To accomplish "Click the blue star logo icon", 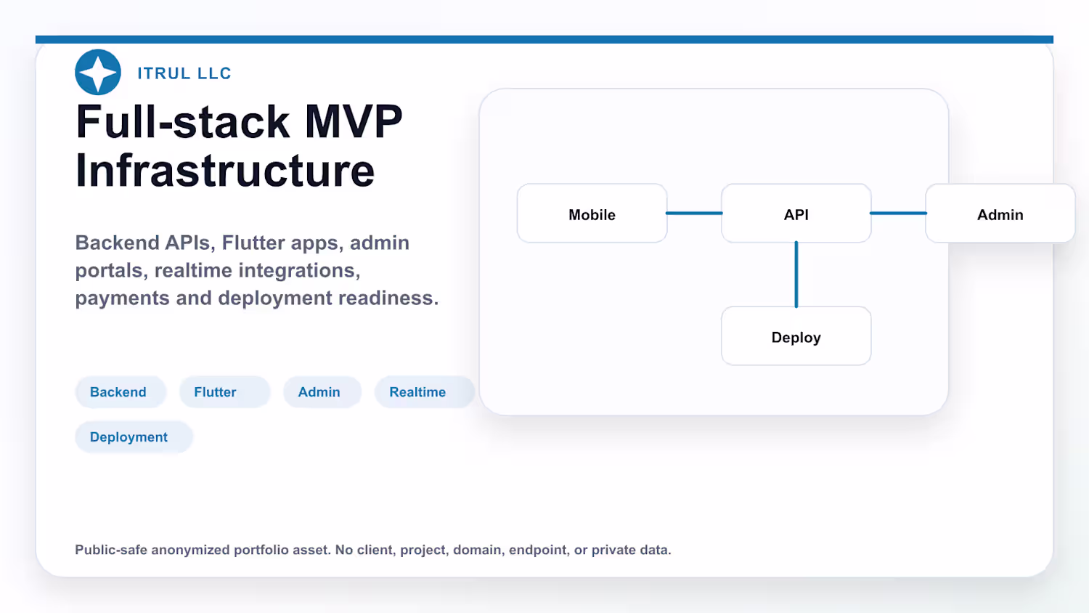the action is pyautogui.click(x=98, y=72).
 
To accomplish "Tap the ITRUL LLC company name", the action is pyautogui.click(x=184, y=73).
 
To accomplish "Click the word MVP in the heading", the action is pyautogui.click(x=354, y=121).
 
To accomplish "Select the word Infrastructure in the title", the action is pyautogui.click(x=225, y=171).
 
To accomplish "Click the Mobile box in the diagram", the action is pyautogui.click(x=592, y=213).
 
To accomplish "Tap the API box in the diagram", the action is pyautogui.click(x=796, y=213).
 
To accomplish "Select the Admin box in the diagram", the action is pyautogui.click(x=1000, y=213).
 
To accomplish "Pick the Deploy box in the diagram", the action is pyautogui.click(x=796, y=336).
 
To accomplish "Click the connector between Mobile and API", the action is pyautogui.click(x=694, y=213).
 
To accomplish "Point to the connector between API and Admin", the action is pyautogui.click(x=899, y=213).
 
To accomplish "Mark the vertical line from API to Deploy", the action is pyautogui.click(x=796, y=275).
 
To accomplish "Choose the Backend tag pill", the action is pyautogui.click(x=121, y=392).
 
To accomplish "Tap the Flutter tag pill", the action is pyautogui.click(x=224, y=392).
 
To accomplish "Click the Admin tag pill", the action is pyautogui.click(x=322, y=392).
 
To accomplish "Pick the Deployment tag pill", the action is pyautogui.click(x=134, y=437).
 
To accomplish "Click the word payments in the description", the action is pyautogui.click(x=122, y=299).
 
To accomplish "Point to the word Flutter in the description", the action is pyautogui.click(x=253, y=243).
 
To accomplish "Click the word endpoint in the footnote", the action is pyautogui.click(x=538, y=551).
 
